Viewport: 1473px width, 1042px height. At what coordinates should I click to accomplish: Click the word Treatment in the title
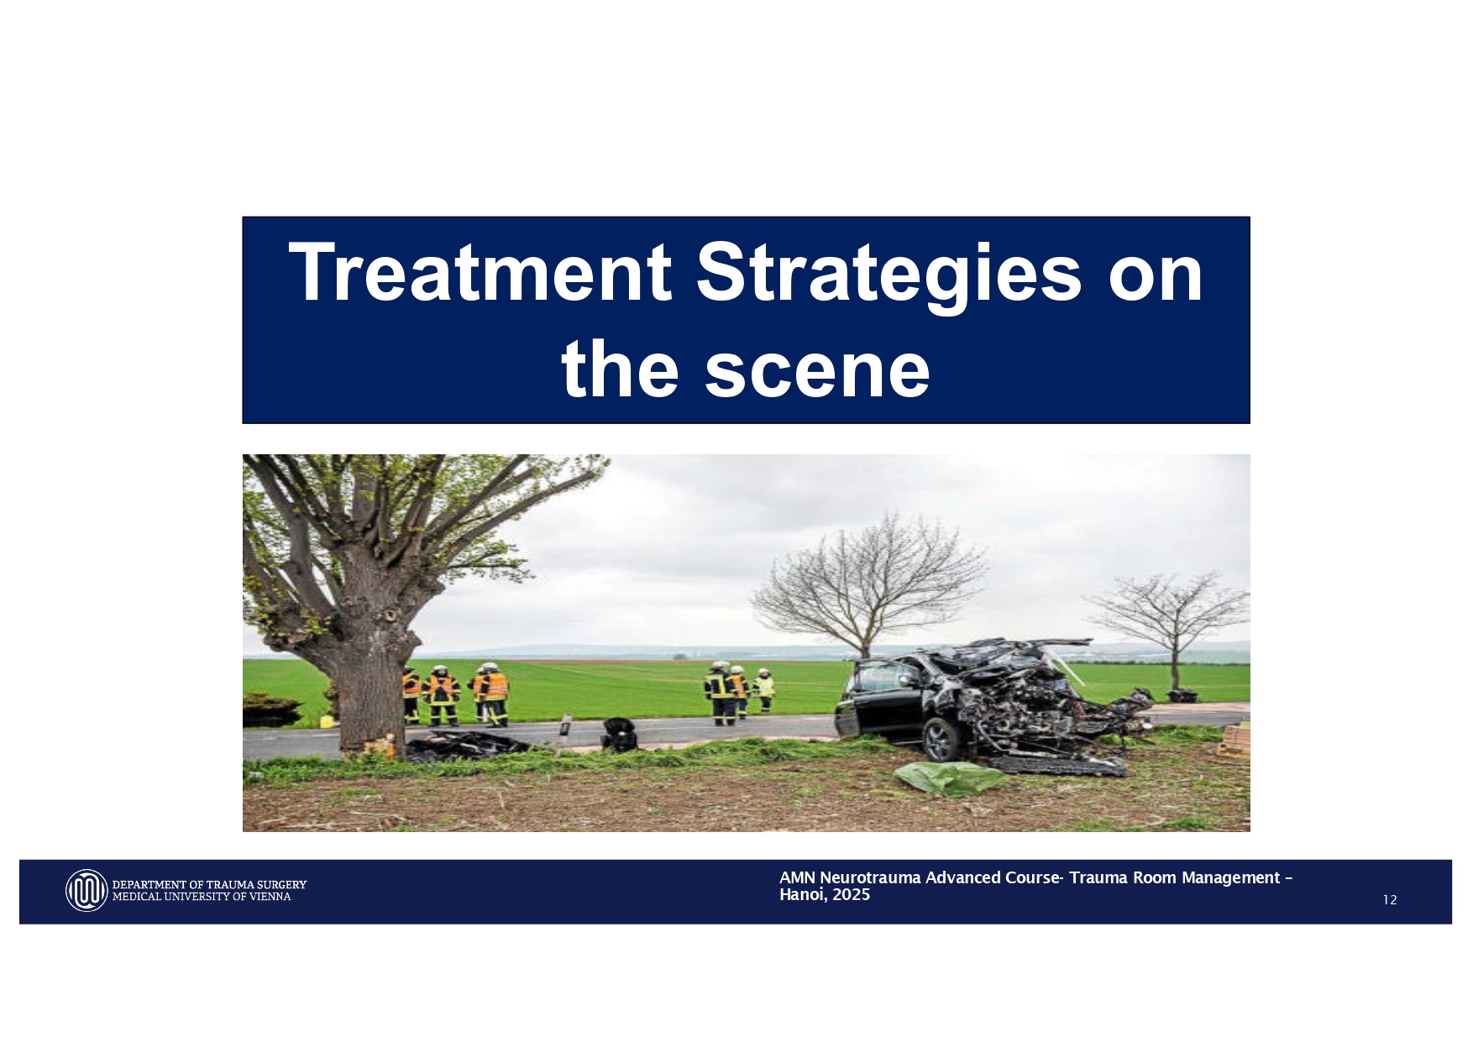pos(479,272)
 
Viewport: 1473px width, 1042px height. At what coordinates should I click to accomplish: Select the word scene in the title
pos(816,369)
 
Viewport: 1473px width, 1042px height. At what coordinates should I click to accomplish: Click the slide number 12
pos(1390,900)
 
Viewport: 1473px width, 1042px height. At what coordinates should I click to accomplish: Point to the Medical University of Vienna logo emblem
pos(86,890)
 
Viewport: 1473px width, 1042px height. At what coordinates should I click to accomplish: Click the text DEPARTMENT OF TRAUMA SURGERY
pos(209,884)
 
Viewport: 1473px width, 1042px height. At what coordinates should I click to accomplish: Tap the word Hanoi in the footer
pos(800,895)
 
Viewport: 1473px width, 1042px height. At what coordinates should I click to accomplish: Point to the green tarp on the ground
pos(949,777)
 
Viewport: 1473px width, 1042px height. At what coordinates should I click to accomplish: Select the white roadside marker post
pos(565,734)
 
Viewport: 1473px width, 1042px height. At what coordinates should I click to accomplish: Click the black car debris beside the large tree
pos(466,744)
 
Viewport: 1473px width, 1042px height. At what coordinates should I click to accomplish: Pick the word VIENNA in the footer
pos(271,897)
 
